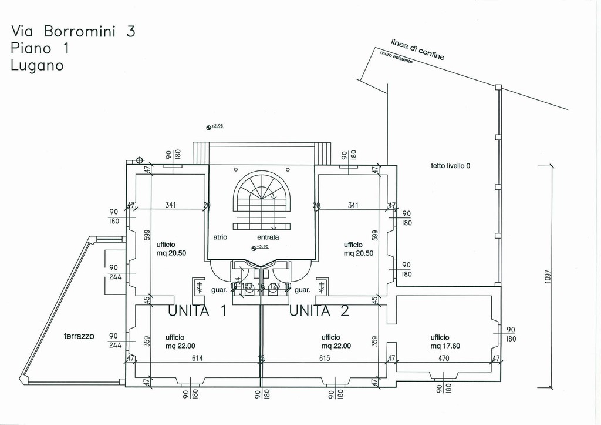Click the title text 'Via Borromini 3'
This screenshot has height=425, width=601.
pos(73,32)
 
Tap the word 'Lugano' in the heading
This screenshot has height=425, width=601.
pos(37,65)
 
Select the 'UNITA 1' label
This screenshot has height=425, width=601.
pos(197,311)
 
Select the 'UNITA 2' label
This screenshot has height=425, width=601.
pos(319,311)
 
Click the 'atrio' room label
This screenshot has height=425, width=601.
pos(220,237)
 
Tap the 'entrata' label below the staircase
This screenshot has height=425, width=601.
pos(268,237)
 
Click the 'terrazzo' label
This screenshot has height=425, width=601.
pos(79,337)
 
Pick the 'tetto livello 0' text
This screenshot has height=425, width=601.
pos(450,166)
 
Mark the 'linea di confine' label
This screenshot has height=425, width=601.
pos(417,49)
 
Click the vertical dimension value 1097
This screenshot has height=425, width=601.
pos(547,276)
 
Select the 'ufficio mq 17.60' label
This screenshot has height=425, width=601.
pos(445,342)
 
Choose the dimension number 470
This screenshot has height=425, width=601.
pos(444,358)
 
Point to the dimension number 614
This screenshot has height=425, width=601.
pos(197,358)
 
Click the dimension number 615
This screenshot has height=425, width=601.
pos(325,358)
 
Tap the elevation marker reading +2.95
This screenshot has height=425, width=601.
pos(215,126)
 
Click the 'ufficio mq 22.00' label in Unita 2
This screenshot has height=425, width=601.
pos(336,342)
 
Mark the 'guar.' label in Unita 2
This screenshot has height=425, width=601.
pos(302,290)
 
